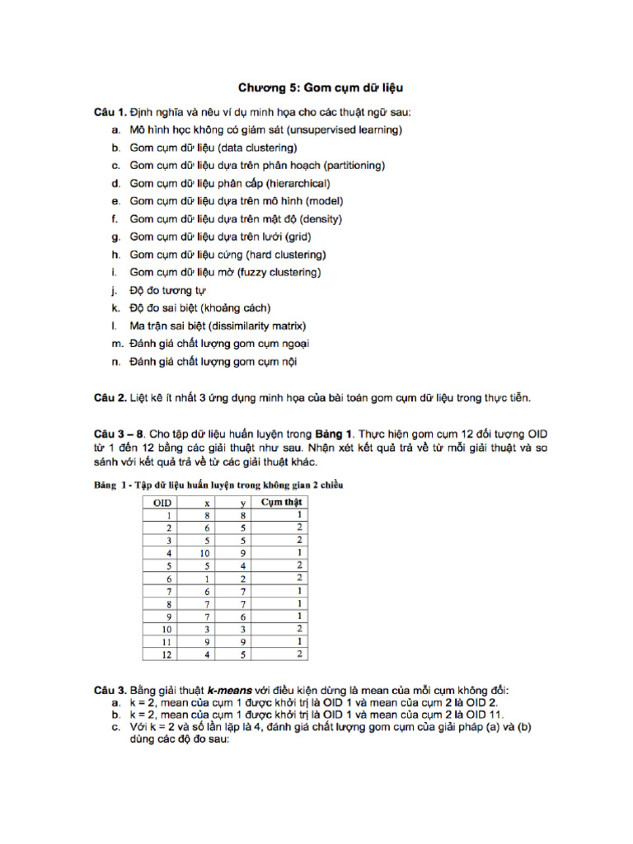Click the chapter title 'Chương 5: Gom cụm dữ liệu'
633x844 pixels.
pyautogui.click(x=321, y=87)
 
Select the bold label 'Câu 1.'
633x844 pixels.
pyautogui.click(x=110, y=112)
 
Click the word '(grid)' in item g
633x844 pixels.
pyautogui.click(x=296, y=237)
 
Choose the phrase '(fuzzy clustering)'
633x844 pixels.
pyautogui.click(x=274, y=272)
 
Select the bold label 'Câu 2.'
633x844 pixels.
pyautogui.click(x=110, y=398)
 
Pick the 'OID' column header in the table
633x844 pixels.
pyautogui.click(x=162, y=501)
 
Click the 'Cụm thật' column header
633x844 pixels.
pyautogui.click(x=282, y=501)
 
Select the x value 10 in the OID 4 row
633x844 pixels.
pyautogui.click(x=204, y=552)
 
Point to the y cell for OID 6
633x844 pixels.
pyautogui.click(x=243, y=579)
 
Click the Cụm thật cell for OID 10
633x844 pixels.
pyautogui.click(x=300, y=629)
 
